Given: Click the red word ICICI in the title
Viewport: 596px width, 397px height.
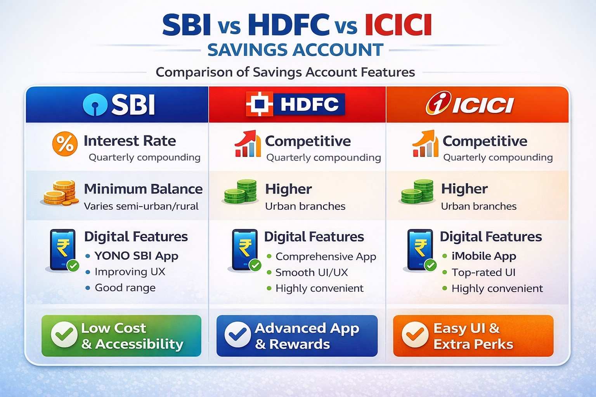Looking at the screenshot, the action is (398, 25).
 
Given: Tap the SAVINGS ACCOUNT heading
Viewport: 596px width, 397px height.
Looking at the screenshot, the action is (295, 50).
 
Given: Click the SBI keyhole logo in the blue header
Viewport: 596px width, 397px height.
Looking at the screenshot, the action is (95, 105).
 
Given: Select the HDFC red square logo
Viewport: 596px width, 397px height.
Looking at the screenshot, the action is (260, 104).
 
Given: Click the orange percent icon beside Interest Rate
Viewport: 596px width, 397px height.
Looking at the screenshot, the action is (65, 143).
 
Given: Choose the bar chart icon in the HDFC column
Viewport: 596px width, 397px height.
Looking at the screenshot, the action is (248, 143).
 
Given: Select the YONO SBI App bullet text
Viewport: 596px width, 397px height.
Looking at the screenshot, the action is (137, 256).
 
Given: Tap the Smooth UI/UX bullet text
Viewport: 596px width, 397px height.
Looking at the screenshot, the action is (312, 273).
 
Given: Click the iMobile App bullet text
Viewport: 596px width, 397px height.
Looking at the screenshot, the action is (484, 256).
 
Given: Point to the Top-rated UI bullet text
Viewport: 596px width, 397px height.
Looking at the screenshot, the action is (483, 273).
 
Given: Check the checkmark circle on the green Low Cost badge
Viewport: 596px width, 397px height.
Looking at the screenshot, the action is (64, 334).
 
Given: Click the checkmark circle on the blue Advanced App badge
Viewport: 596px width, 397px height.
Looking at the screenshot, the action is (237, 334).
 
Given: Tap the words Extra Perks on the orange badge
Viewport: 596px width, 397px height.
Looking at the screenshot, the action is (473, 344).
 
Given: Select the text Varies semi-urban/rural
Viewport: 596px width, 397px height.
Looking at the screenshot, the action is (141, 206).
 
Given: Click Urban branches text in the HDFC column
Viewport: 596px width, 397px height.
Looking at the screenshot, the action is (305, 206).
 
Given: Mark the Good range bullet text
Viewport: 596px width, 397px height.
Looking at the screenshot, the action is (125, 288).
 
